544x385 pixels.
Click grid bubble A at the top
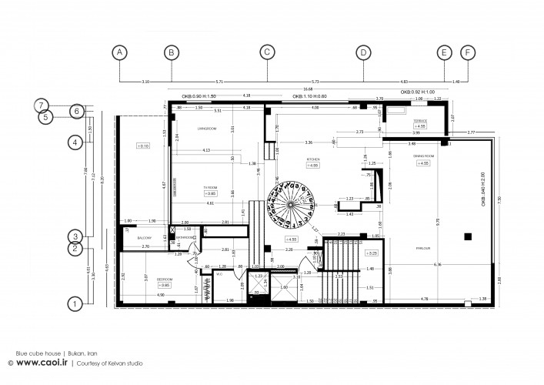point(119,52)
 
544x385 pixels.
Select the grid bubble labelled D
point(362,52)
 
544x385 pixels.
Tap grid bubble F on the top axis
point(466,52)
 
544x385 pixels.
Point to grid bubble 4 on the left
point(75,142)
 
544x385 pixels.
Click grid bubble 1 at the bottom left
point(75,303)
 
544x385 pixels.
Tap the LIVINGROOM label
point(205,128)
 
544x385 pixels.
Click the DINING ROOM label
point(422,156)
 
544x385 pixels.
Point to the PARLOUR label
point(422,248)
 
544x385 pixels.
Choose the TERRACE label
point(420,122)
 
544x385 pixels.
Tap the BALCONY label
point(145,239)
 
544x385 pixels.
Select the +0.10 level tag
point(143,146)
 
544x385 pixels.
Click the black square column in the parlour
point(467,236)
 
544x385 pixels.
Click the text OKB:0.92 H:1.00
point(423,92)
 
